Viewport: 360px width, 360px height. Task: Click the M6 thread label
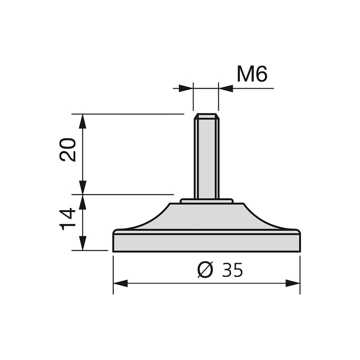pyautogui.click(x=252, y=74)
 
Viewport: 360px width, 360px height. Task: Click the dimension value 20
pyautogui.click(x=68, y=150)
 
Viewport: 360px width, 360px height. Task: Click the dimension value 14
pyautogui.click(x=68, y=219)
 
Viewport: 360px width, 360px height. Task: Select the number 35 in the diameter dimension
pyautogui.click(x=233, y=270)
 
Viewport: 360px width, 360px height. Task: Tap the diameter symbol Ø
pyautogui.click(x=206, y=270)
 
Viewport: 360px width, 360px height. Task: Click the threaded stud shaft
pyautogui.click(x=206, y=157)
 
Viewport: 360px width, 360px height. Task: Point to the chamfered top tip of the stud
pyautogui.click(x=206, y=116)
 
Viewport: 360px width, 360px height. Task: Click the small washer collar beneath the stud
pyautogui.click(x=207, y=201)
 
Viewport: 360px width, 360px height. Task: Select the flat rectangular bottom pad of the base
pyautogui.click(x=206, y=243)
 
